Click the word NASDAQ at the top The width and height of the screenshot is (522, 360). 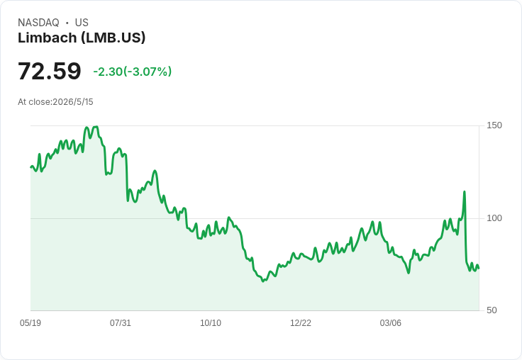(x=38, y=23)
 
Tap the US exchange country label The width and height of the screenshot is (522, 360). (x=82, y=23)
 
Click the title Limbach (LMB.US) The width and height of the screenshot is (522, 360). (x=82, y=38)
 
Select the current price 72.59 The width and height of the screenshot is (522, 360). (x=49, y=71)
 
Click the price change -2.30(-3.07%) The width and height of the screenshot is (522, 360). (x=133, y=72)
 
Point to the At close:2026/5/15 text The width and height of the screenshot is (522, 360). (x=55, y=102)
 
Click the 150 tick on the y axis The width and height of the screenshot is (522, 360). (x=494, y=125)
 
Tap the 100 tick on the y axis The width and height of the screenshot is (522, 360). (x=494, y=218)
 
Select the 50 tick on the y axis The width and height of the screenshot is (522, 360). (x=492, y=310)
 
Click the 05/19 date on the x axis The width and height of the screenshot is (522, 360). (x=30, y=323)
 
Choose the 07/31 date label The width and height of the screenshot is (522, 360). (x=121, y=323)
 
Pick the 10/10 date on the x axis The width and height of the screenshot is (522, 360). (x=211, y=323)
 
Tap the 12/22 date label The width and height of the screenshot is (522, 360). (x=301, y=323)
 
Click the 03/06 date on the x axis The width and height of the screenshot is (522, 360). (x=391, y=323)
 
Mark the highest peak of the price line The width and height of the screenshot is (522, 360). (x=96, y=126)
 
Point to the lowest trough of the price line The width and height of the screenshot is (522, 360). (x=263, y=281)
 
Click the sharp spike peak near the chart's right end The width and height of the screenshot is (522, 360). (x=465, y=191)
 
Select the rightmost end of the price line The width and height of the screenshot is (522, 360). (x=479, y=268)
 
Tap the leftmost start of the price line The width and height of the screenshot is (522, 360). (x=30, y=167)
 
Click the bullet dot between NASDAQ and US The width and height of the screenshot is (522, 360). (x=67, y=23)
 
